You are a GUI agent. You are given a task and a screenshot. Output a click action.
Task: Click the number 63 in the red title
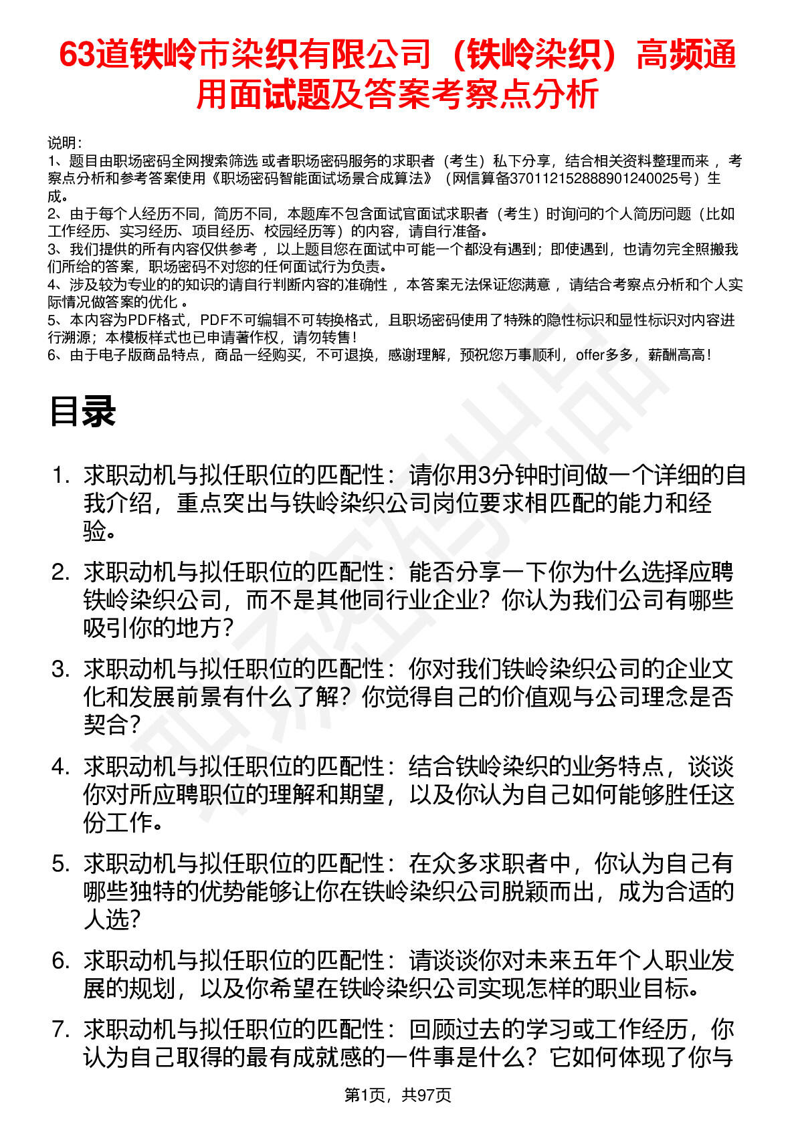[x=76, y=55]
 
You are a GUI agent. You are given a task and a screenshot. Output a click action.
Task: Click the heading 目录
[x=82, y=411]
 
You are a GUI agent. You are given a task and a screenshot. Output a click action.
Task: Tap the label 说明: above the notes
[x=64, y=143]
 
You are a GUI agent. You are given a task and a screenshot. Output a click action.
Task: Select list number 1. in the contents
[x=62, y=475]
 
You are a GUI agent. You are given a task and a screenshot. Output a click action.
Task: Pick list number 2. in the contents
[x=62, y=572]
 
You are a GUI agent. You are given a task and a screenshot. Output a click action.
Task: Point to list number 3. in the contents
[x=62, y=669]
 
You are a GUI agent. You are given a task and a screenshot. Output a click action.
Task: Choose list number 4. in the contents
[x=62, y=766]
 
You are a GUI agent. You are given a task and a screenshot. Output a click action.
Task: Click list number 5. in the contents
[x=62, y=863]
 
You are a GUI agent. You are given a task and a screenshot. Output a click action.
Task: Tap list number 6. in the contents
[x=62, y=961]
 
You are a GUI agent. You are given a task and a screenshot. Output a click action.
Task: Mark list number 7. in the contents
[x=62, y=1029]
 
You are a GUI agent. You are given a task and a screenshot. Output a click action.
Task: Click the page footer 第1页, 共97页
[x=397, y=1095]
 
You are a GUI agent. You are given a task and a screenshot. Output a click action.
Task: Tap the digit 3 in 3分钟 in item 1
[x=486, y=475]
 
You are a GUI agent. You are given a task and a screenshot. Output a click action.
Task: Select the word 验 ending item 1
[x=95, y=532]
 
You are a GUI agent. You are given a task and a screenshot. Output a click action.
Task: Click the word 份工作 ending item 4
[x=118, y=822]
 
